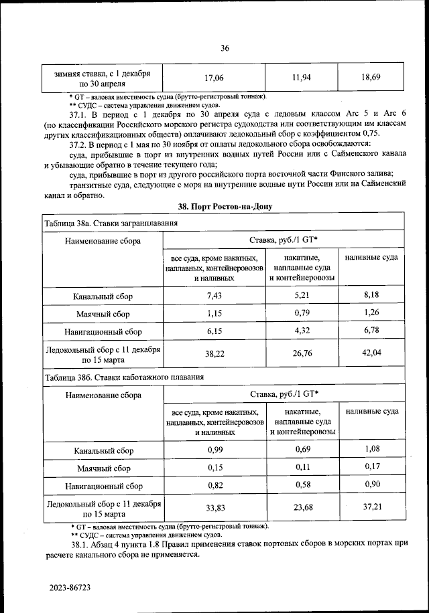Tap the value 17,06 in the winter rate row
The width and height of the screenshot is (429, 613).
point(214,78)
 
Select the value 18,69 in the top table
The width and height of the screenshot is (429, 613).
point(371,78)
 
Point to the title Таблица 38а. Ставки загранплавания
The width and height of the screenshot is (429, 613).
point(111,223)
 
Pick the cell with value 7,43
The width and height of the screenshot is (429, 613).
point(214,295)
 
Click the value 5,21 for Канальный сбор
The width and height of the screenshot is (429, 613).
point(305,295)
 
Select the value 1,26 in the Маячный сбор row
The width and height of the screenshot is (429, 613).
point(372,313)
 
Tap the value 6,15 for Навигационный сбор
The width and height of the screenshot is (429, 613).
point(214,331)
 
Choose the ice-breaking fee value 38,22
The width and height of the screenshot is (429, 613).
point(214,355)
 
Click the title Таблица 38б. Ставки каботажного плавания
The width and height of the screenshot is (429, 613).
point(123,377)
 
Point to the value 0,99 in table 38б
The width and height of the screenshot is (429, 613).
point(214,450)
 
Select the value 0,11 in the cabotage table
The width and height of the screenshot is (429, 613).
point(305,468)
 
